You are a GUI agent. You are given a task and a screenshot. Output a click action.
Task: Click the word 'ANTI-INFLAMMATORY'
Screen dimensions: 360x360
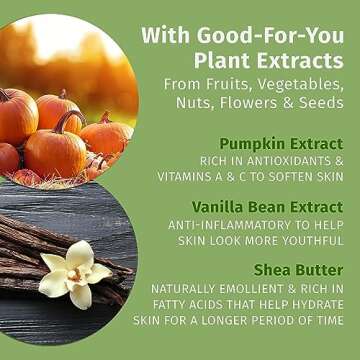(234, 224)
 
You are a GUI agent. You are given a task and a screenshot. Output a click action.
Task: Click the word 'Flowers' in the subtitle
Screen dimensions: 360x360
(242, 104)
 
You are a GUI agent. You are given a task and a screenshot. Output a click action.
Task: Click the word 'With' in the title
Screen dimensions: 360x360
(165, 35)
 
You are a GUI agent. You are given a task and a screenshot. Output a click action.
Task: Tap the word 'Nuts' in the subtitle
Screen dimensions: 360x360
(184, 104)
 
